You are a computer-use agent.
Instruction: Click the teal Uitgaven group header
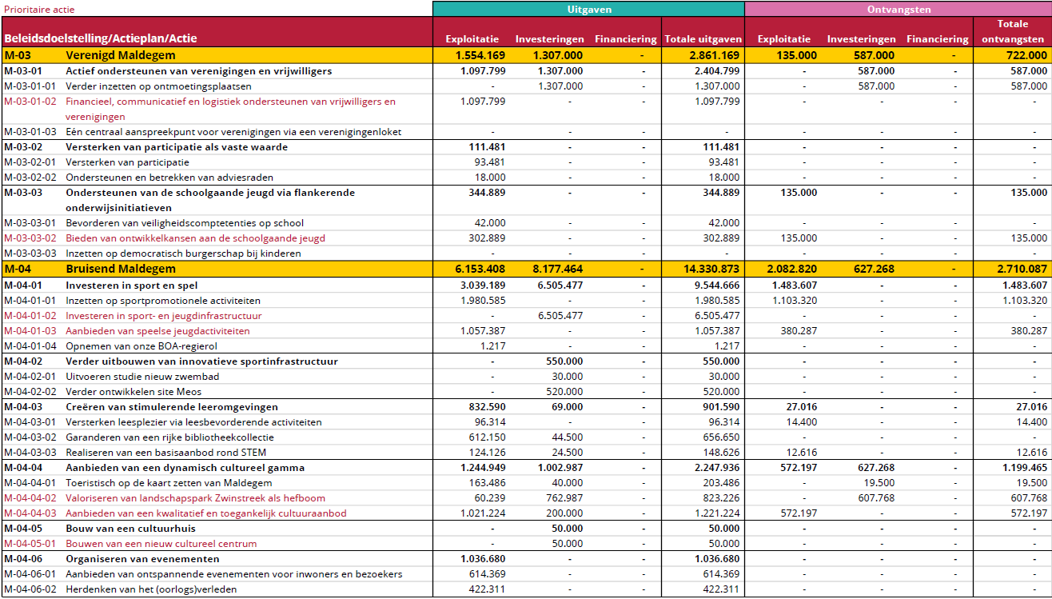tap(588, 9)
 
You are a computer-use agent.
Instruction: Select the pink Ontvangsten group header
tap(898, 9)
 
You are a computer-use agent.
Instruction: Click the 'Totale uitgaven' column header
tap(703, 38)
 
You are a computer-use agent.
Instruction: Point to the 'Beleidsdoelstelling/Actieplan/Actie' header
tap(100, 38)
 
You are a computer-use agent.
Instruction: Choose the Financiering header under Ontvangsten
tap(937, 38)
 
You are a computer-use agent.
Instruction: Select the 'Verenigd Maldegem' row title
tap(120, 55)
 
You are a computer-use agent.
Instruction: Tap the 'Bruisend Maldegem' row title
tap(120, 270)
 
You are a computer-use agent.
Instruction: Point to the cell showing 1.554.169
tap(480, 55)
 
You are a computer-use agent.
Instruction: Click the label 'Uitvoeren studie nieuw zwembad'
tap(142, 377)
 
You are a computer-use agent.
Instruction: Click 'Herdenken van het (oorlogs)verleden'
tap(151, 589)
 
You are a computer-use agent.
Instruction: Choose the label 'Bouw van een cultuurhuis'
tap(130, 529)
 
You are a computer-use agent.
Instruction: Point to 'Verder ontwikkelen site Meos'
tap(133, 392)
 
